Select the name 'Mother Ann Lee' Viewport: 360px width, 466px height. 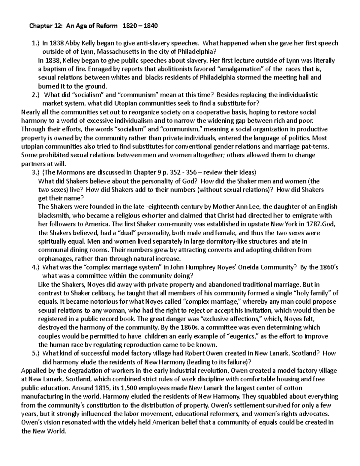click(233, 207)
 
